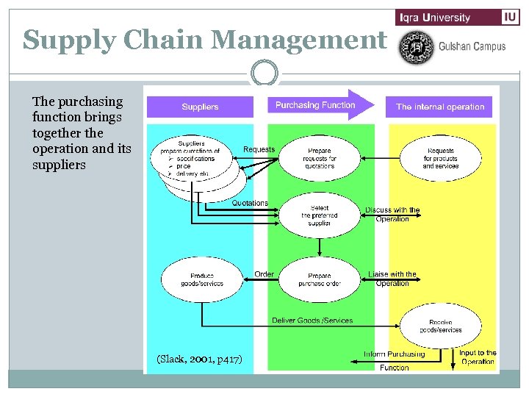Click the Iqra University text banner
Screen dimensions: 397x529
tap(445, 17)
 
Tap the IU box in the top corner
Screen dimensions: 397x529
tap(511, 17)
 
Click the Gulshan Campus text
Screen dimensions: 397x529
tap(472, 46)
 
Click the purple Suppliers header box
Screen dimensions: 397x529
tap(200, 107)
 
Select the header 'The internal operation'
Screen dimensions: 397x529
tap(439, 107)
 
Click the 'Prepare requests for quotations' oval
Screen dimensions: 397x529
tap(320, 158)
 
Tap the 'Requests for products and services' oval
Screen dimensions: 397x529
tap(440, 158)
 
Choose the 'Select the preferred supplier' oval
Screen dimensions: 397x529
tap(320, 215)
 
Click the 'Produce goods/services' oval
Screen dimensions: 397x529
tap(201, 279)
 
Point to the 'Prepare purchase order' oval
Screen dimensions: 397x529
tap(320, 279)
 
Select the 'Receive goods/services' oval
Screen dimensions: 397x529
tap(440, 326)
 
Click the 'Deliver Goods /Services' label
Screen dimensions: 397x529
tap(312, 321)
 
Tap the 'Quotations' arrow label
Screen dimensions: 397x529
tap(250, 203)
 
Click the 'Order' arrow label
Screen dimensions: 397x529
tap(264, 274)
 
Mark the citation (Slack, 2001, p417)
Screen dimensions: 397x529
tap(199, 359)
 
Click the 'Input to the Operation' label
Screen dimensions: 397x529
tap(478, 357)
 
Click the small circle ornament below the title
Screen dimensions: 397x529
tap(264, 74)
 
